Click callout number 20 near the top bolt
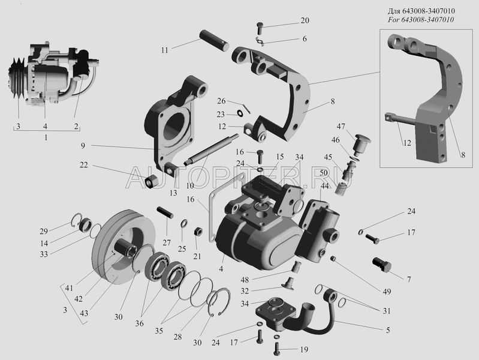pos(305,21)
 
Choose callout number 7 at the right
pos(408,280)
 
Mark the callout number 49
pos(387,292)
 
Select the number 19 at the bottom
pos(305,349)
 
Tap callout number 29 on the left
pos(60,232)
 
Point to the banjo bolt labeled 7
pos(381,264)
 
